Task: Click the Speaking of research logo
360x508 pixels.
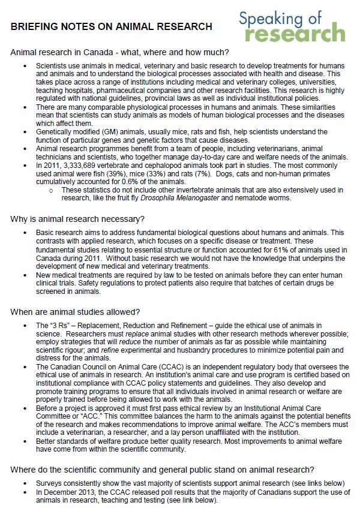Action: pos(292,26)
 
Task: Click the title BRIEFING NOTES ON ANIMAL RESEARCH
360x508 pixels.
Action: pos(111,26)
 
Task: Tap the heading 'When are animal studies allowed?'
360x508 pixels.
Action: pos(76,311)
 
